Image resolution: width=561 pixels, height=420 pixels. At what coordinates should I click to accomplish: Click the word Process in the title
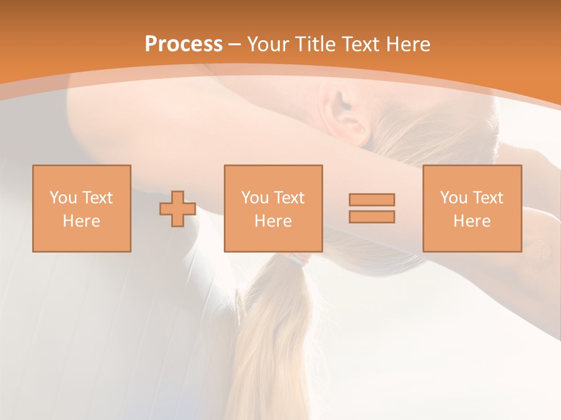183,44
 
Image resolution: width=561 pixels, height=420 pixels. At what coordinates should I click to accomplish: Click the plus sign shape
178,208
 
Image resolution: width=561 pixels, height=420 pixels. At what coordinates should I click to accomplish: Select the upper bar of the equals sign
372,199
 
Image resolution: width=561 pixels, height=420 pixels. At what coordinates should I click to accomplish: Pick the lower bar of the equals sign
372,216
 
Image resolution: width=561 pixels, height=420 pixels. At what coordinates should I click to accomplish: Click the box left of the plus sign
82,208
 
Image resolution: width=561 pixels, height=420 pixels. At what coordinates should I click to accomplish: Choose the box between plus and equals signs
273,208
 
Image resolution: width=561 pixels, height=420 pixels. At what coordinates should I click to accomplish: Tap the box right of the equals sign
472,208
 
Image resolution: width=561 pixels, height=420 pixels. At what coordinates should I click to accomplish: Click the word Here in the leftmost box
81,221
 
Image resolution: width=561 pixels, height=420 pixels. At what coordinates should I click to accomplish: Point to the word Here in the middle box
273,221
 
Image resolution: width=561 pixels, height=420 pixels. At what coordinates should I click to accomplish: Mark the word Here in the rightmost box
472,221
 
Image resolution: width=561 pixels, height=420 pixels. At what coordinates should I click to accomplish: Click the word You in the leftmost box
63,198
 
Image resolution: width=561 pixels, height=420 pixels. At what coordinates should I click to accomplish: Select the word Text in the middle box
289,198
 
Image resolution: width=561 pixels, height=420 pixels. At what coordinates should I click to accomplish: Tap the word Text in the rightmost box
487,198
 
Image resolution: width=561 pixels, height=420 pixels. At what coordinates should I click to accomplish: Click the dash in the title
234,45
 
